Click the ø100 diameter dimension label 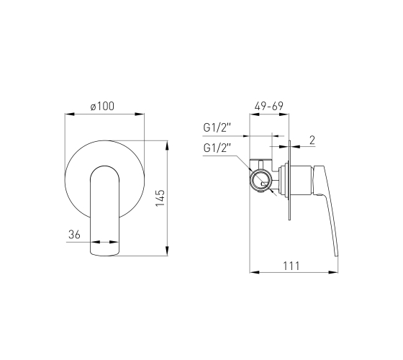(102, 106)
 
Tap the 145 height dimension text (160, 198)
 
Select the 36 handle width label (74, 234)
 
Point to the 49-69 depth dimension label (269, 106)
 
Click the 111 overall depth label (291, 266)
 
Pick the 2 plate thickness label (312, 140)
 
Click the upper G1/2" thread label (217, 127)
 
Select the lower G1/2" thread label (217, 148)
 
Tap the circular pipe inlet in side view (261, 181)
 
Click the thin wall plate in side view (289, 180)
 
